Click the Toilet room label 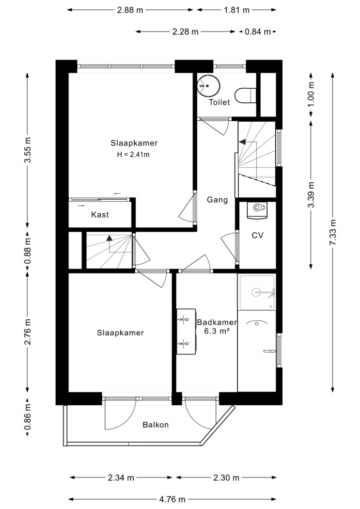click(x=219, y=102)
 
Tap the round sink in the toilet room click(x=208, y=86)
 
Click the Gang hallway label click(x=217, y=200)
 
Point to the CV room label click(x=257, y=235)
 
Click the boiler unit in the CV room click(x=257, y=210)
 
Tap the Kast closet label click(x=100, y=215)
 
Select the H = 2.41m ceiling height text click(x=133, y=155)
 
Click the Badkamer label click(x=217, y=323)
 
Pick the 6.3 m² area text click(x=217, y=331)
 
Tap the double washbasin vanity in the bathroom click(x=187, y=332)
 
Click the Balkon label click(x=156, y=425)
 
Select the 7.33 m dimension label click(x=333, y=232)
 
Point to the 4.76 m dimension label click(x=172, y=499)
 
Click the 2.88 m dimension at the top click(x=130, y=10)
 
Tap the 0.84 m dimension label click(x=257, y=32)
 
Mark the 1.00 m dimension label click(x=311, y=94)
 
